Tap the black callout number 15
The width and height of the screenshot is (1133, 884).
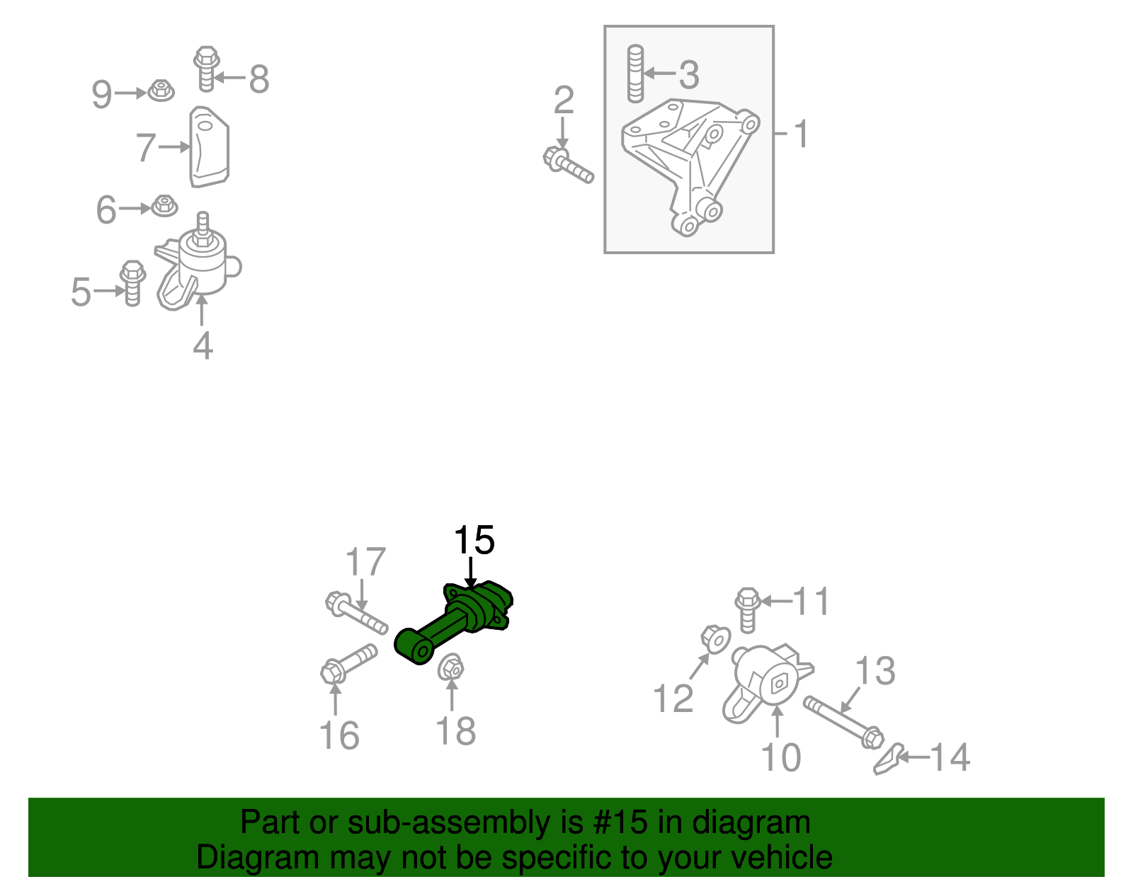point(474,541)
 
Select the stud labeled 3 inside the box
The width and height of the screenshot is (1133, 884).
point(635,74)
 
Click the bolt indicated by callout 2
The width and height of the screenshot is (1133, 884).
point(569,164)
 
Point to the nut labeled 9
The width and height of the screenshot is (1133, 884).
point(161,91)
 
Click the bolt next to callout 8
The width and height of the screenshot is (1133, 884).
point(205,68)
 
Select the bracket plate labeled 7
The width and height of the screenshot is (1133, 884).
point(208,147)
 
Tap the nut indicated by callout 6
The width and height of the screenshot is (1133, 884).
point(164,207)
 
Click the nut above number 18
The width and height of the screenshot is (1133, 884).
point(450,667)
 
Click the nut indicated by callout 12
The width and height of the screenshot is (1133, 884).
point(715,638)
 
